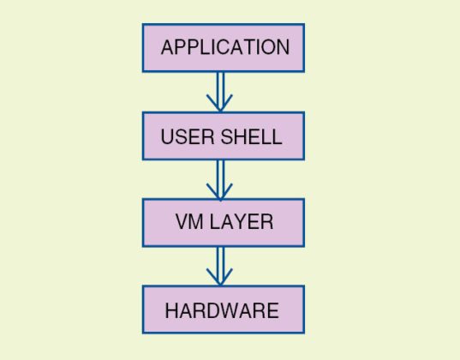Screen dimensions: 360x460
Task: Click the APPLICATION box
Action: coord(223,47)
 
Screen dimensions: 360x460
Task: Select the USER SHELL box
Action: coord(223,135)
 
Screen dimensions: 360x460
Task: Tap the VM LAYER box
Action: coord(223,223)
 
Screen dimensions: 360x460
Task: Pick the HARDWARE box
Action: coord(223,309)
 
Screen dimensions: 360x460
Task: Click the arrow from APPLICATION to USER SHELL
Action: coord(220,90)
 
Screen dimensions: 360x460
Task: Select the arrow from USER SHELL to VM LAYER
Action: coord(220,178)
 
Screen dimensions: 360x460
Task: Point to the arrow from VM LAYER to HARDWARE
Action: coord(220,266)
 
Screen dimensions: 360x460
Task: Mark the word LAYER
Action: coord(242,222)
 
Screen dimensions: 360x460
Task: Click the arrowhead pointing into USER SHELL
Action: coord(220,105)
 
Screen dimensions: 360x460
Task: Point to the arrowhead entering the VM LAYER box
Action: coord(220,193)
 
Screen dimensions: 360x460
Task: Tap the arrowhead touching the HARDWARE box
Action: coord(220,279)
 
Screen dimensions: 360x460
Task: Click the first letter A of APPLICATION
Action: coord(167,47)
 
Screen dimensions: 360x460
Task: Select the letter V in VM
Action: coord(180,222)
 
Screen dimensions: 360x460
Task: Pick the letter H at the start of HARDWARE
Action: coord(170,310)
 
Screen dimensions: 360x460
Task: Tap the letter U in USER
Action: coord(167,136)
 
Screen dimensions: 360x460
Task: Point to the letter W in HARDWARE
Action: coord(230,310)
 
